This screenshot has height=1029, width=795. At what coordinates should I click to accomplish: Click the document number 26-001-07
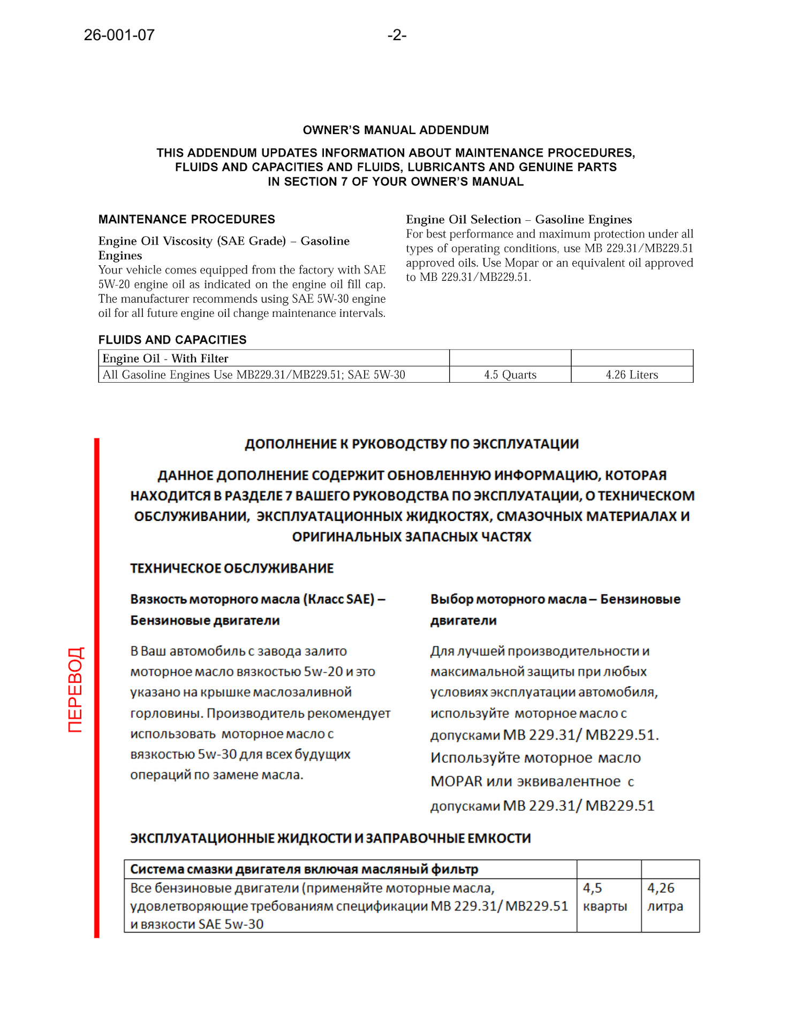click(119, 35)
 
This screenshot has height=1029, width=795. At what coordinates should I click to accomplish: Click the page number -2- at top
click(397, 35)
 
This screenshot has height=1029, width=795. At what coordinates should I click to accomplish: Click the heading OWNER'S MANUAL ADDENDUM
click(396, 130)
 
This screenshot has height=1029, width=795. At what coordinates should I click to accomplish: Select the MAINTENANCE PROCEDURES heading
click(186, 220)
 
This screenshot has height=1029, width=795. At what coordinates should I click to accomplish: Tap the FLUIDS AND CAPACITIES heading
click(172, 340)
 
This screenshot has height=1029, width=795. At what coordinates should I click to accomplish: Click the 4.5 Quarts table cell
click(510, 375)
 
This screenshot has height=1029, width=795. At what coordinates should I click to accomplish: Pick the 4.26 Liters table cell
click(632, 375)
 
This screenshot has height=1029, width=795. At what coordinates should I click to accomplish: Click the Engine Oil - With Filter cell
click(165, 359)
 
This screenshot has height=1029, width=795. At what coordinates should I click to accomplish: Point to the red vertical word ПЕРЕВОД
click(75, 689)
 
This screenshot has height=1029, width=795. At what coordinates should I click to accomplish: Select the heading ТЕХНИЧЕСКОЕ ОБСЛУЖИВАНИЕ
click(232, 569)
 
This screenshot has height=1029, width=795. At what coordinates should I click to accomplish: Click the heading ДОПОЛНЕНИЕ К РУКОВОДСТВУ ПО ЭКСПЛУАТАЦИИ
click(412, 444)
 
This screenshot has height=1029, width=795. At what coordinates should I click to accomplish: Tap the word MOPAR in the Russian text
click(456, 782)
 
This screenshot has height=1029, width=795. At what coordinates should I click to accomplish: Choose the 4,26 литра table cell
click(665, 897)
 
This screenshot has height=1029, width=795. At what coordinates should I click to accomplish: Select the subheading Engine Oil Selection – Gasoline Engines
click(519, 220)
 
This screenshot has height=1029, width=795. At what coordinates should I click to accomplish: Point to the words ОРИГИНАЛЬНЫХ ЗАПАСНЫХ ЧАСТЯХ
click(412, 537)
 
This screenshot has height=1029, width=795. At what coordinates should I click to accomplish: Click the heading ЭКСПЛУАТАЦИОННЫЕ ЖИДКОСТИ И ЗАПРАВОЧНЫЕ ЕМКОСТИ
click(330, 839)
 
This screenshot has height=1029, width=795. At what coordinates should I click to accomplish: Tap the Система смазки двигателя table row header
click(304, 869)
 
